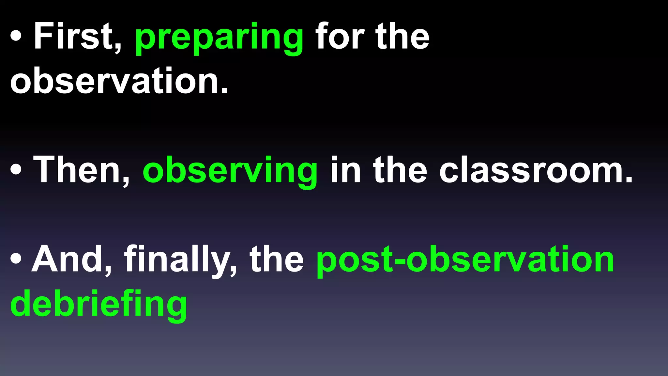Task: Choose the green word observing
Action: [230, 171]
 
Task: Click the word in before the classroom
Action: [345, 170]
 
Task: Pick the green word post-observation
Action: [465, 260]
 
